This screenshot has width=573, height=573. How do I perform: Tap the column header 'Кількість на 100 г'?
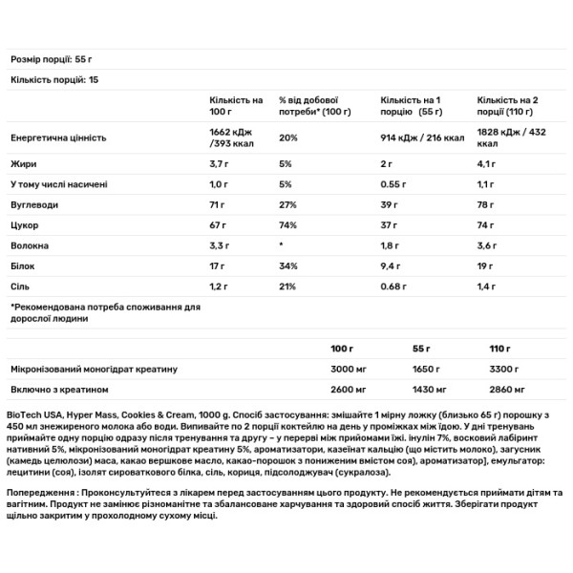(235, 105)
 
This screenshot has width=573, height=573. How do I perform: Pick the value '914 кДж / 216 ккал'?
(421, 138)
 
